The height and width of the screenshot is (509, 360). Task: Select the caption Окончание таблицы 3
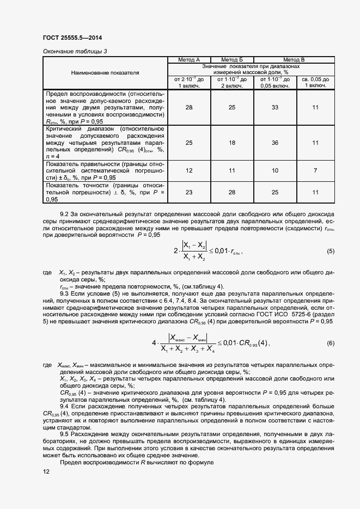click(75, 51)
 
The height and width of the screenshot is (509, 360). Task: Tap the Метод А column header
click(189, 59)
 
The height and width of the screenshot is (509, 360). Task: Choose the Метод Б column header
click(231, 59)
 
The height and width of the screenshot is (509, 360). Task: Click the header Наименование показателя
click(105, 72)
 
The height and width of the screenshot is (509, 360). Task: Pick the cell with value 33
click(274, 108)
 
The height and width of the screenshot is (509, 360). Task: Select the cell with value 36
click(274, 143)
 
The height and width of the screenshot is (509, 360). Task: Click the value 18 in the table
click(231, 143)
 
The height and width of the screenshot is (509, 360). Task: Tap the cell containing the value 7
click(315, 170)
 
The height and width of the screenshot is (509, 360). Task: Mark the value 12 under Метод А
click(189, 170)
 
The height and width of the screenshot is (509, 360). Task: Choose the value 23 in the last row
click(189, 192)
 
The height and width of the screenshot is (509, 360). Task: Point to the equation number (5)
click(330, 252)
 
